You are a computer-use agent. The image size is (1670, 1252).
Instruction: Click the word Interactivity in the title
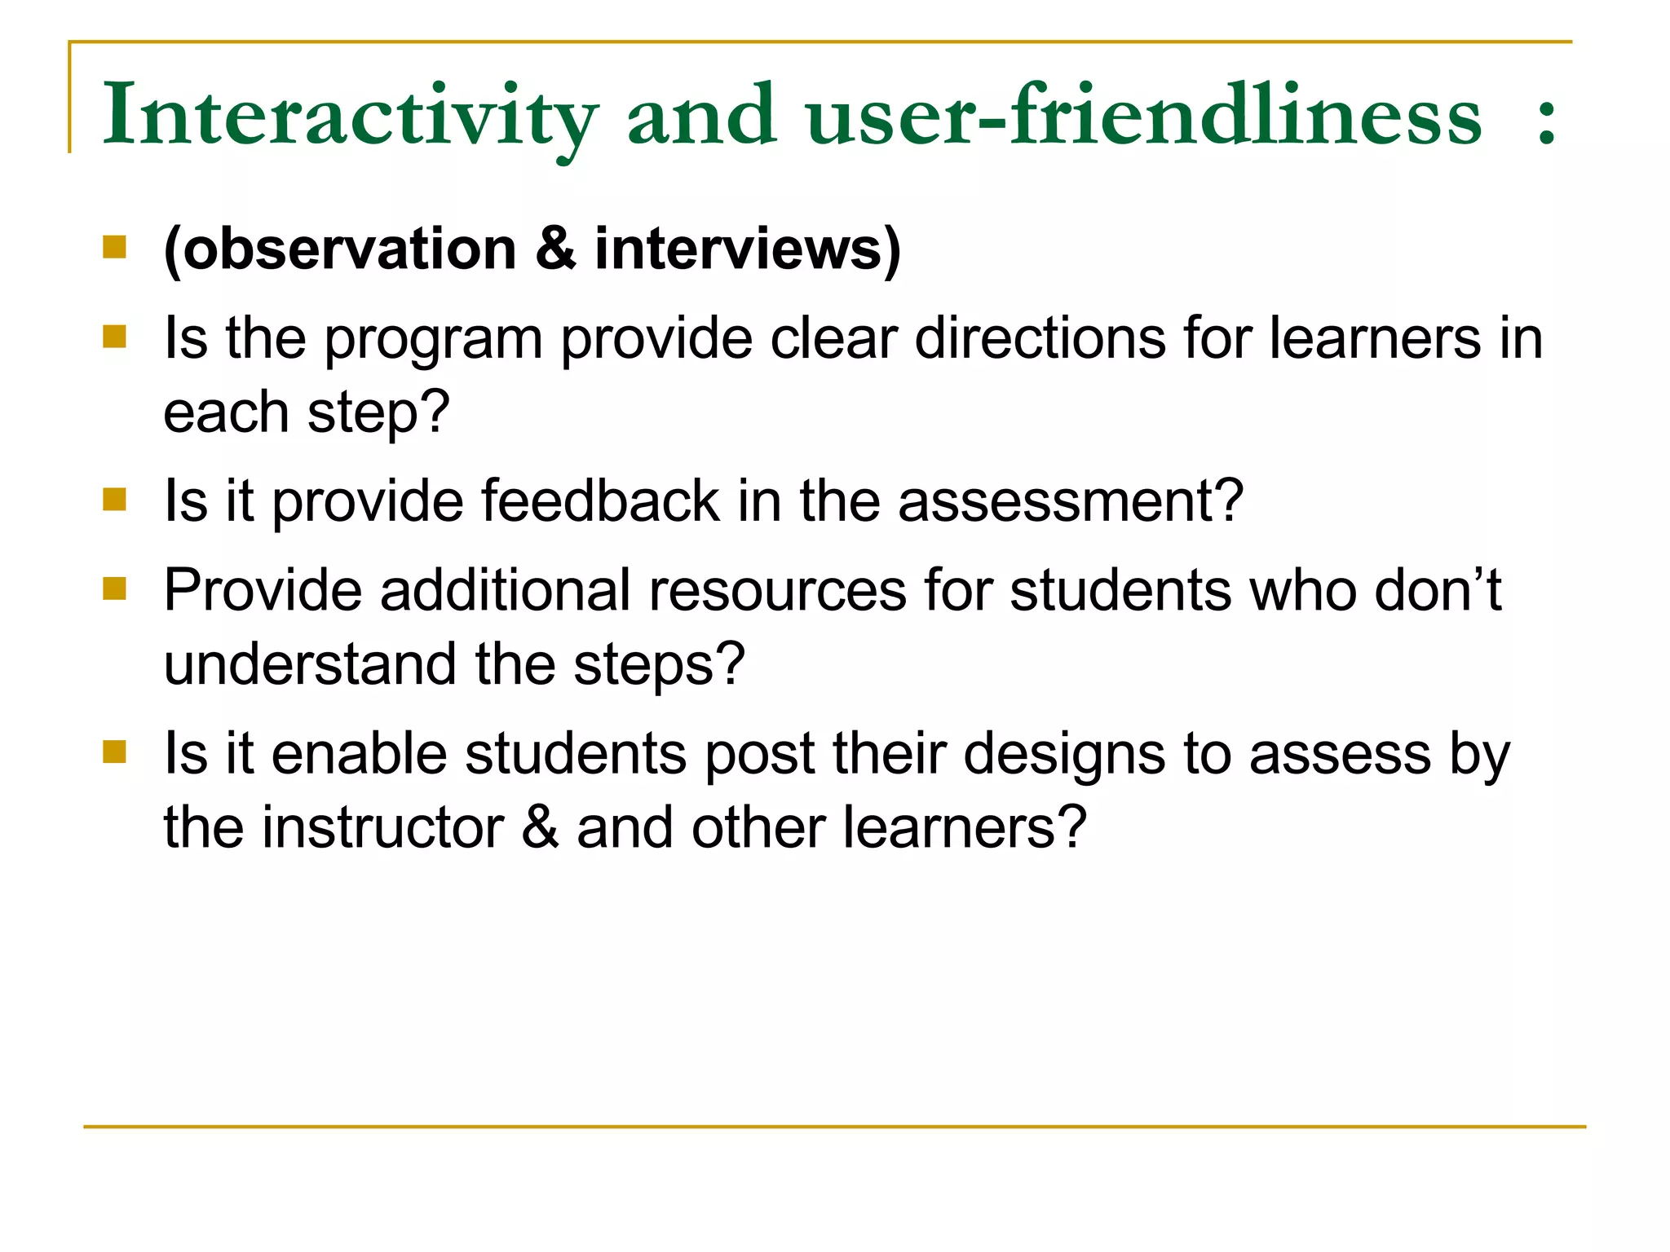point(349,116)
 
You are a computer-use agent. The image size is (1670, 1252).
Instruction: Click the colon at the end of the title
point(1546,122)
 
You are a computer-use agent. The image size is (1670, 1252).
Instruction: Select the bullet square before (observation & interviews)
point(115,247)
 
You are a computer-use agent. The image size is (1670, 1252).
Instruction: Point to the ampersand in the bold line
point(555,249)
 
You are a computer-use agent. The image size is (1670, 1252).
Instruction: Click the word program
point(433,341)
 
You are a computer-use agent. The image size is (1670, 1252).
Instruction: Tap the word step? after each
point(378,414)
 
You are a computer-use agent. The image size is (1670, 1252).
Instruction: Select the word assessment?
point(1071,501)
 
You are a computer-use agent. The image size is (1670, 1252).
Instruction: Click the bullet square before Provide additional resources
point(115,589)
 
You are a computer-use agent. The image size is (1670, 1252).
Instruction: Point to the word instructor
point(382,827)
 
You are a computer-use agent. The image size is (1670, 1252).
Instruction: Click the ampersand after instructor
point(540,827)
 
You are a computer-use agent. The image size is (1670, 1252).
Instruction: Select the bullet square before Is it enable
point(115,752)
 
